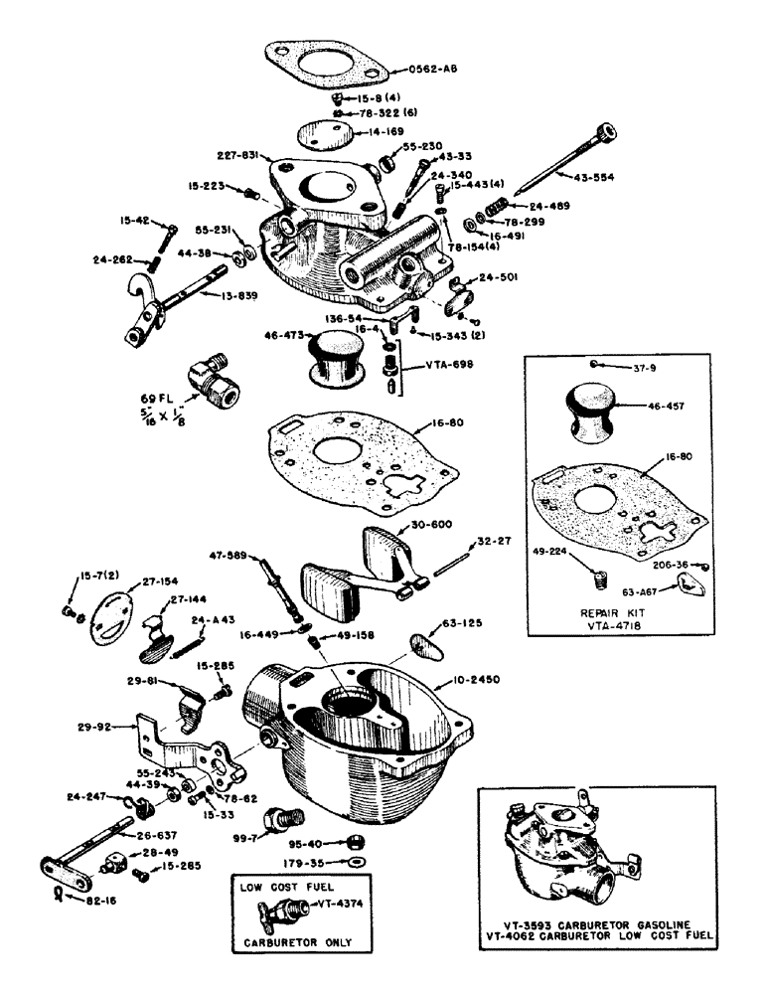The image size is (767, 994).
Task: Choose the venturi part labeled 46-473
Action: [341, 356]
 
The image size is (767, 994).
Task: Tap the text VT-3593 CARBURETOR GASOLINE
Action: [597, 923]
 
